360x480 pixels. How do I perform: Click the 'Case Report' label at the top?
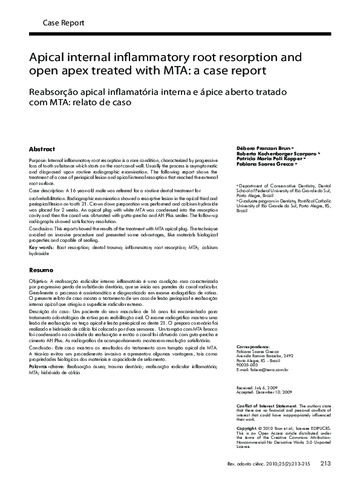click(x=64, y=22)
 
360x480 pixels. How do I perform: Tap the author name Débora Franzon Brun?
click(x=263, y=148)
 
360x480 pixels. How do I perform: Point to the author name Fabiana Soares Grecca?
click(x=266, y=164)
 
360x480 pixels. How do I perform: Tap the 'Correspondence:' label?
click(x=254, y=346)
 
